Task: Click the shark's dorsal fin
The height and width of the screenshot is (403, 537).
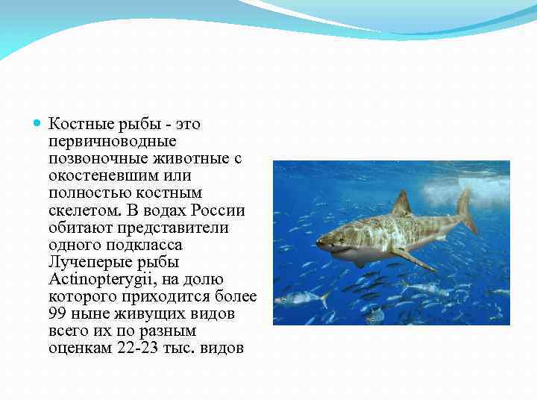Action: (x=402, y=204)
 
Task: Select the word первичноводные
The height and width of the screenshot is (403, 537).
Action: (x=112, y=141)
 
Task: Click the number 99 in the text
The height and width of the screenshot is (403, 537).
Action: (x=58, y=314)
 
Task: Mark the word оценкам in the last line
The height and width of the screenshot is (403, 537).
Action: (x=81, y=349)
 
